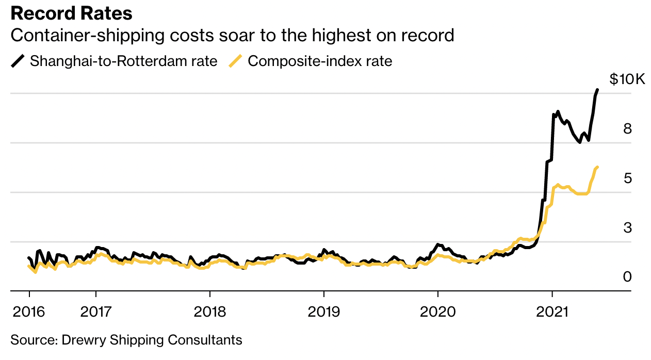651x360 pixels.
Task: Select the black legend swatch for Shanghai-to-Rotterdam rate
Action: pyautogui.click(x=18, y=61)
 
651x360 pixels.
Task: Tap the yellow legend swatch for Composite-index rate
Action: pyautogui.click(x=236, y=61)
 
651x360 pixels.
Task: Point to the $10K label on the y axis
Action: pyautogui.click(x=627, y=79)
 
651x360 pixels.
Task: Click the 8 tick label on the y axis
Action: pyautogui.click(x=627, y=129)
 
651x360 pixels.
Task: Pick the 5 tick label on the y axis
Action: pyautogui.click(x=627, y=178)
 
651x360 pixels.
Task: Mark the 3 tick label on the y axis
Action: pyautogui.click(x=627, y=227)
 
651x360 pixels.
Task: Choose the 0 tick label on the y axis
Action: pyautogui.click(x=627, y=277)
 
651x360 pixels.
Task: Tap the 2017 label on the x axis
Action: pyautogui.click(x=96, y=312)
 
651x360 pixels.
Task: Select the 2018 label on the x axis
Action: pyautogui.click(x=209, y=312)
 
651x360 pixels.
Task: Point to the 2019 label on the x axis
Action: pyautogui.click(x=323, y=312)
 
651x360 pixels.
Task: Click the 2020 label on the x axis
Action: pyautogui.click(x=437, y=312)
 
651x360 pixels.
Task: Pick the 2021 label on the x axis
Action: pyautogui.click(x=552, y=312)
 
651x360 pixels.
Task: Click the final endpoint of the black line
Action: pyautogui.click(x=597, y=90)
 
